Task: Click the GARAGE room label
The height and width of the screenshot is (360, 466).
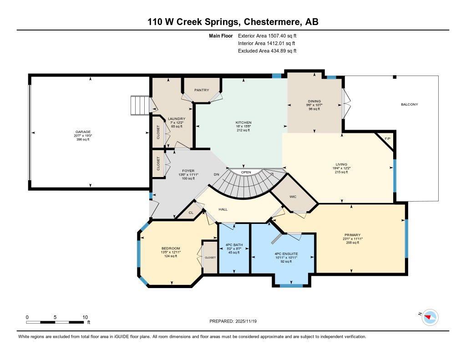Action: (x=83, y=132)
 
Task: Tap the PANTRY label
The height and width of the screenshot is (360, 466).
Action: (x=202, y=90)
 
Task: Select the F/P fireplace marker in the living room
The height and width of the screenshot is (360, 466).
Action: (x=387, y=138)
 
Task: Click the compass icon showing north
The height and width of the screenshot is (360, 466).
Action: (x=430, y=317)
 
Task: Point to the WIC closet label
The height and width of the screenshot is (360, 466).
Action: (x=293, y=197)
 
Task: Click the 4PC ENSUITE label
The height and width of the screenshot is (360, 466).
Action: (x=283, y=254)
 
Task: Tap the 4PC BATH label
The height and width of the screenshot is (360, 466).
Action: (x=234, y=245)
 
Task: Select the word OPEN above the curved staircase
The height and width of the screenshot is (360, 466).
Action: (x=246, y=172)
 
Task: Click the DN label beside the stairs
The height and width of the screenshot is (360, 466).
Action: (x=217, y=174)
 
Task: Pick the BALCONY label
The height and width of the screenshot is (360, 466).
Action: (x=409, y=104)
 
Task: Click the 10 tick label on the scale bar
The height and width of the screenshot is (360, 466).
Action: (x=85, y=317)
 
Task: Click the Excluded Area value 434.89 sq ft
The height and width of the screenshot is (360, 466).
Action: (x=279, y=51)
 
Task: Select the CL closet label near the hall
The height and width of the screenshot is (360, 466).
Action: (x=191, y=212)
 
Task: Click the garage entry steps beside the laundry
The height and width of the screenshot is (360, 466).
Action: (x=140, y=105)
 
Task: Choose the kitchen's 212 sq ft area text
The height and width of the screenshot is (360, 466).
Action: (x=243, y=130)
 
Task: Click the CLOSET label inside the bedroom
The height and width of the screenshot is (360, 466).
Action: (x=210, y=258)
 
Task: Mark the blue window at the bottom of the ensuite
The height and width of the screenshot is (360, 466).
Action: (x=291, y=286)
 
